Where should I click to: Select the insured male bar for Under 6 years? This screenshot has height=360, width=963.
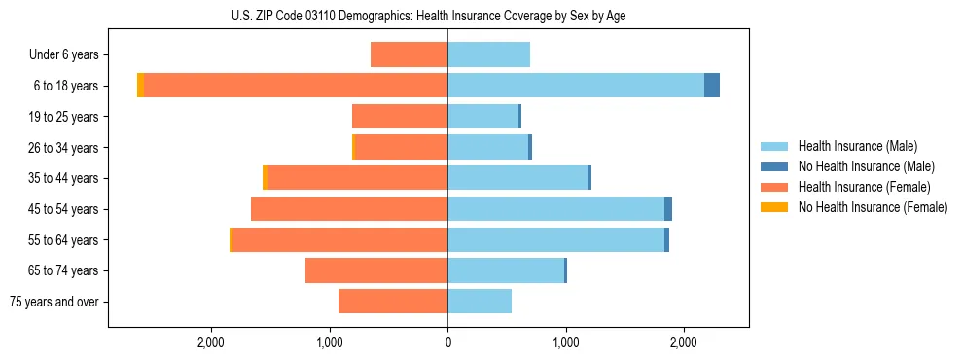[x=488, y=54]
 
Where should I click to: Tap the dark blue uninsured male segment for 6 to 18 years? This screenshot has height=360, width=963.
[x=712, y=86]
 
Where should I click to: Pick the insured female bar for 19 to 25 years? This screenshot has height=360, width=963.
[x=400, y=117]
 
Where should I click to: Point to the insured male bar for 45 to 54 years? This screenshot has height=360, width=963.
[x=555, y=209]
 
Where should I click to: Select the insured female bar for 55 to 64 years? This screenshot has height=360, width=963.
[x=339, y=240]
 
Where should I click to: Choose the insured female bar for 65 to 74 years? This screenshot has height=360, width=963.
[x=376, y=270]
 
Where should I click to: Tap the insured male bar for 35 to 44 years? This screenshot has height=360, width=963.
[x=517, y=178]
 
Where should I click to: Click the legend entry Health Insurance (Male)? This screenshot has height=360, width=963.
[x=856, y=146]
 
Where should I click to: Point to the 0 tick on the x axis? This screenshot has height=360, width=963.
[x=447, y=342]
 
